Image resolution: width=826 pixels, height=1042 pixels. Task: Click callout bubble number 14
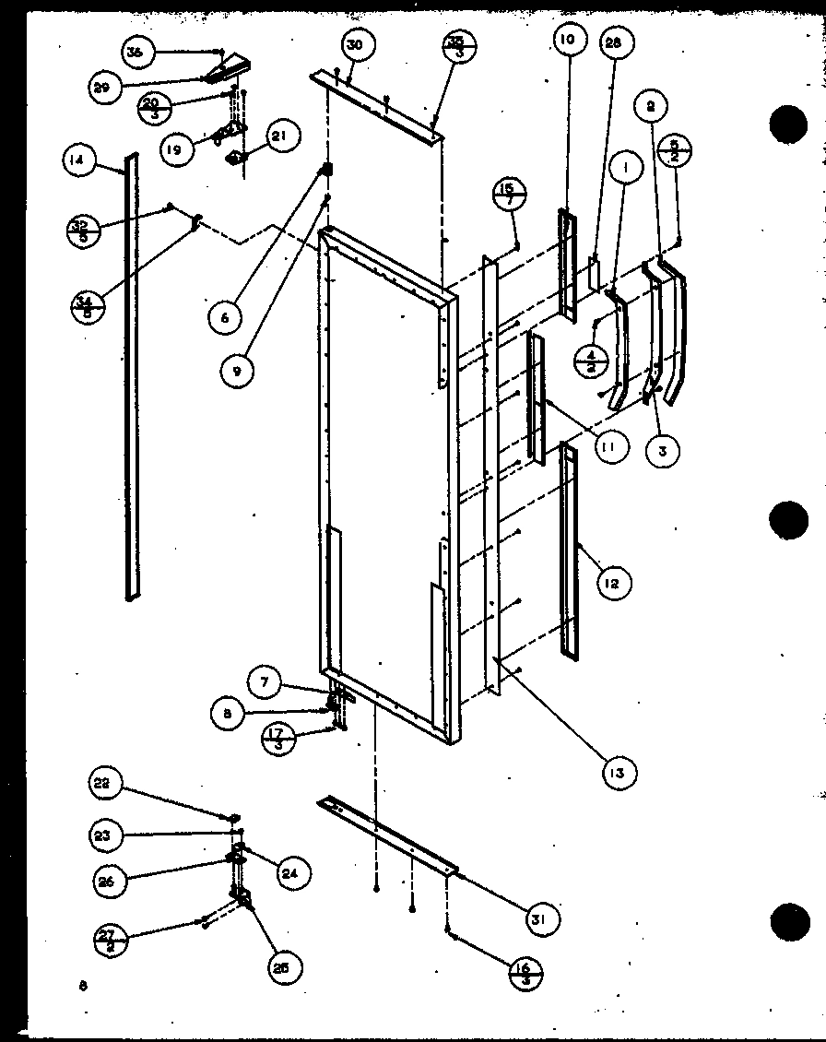tap(77, 160)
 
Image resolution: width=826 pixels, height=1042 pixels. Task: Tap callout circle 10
tap(566, 39)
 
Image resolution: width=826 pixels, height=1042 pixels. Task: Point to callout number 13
tap(615, 772)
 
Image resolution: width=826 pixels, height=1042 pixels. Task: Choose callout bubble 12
tap(613, 583)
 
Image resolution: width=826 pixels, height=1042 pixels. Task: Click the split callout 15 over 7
tap(509, 195)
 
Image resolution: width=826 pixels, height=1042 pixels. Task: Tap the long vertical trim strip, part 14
tap(132, 378)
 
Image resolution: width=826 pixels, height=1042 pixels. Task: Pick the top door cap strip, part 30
tap(378, 107)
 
